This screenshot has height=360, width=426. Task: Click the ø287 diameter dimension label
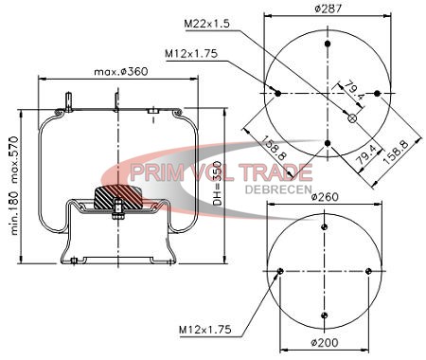(x=328, y=9)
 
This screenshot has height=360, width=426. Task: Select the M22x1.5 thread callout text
(x=207, y=24)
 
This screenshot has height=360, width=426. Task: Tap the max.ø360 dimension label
(x=121, y=72)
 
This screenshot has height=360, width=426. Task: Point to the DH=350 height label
(x=218, y=183)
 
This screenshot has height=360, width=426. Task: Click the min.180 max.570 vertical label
(x=15, y=186)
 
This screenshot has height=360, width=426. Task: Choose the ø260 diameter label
(x=325, y=197)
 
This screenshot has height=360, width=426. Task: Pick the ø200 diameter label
(x=325, y=342)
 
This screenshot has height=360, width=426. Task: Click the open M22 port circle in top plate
(x=352, y=118)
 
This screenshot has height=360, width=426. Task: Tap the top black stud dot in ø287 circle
(x=328, y=44)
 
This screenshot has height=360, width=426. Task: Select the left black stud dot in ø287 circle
(x=277, y=94)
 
